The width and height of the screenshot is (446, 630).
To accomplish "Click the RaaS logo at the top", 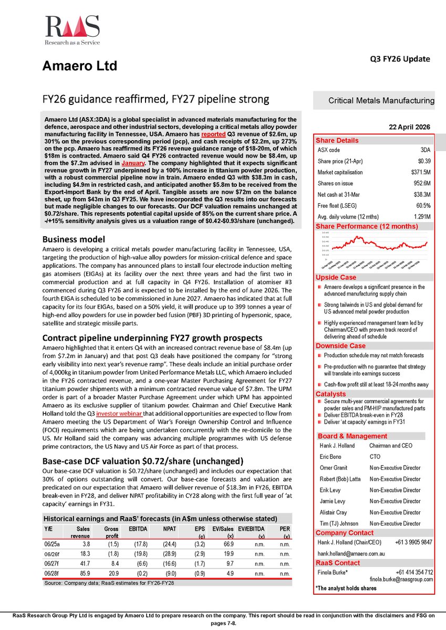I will (72, 30).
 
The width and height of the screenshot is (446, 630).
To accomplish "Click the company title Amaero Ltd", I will (79, 66).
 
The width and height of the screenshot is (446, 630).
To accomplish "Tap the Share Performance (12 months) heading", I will (366, 227).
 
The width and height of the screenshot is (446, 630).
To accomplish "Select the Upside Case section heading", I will (336, 277).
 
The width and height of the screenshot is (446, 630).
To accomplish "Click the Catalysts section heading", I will (331, 393).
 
